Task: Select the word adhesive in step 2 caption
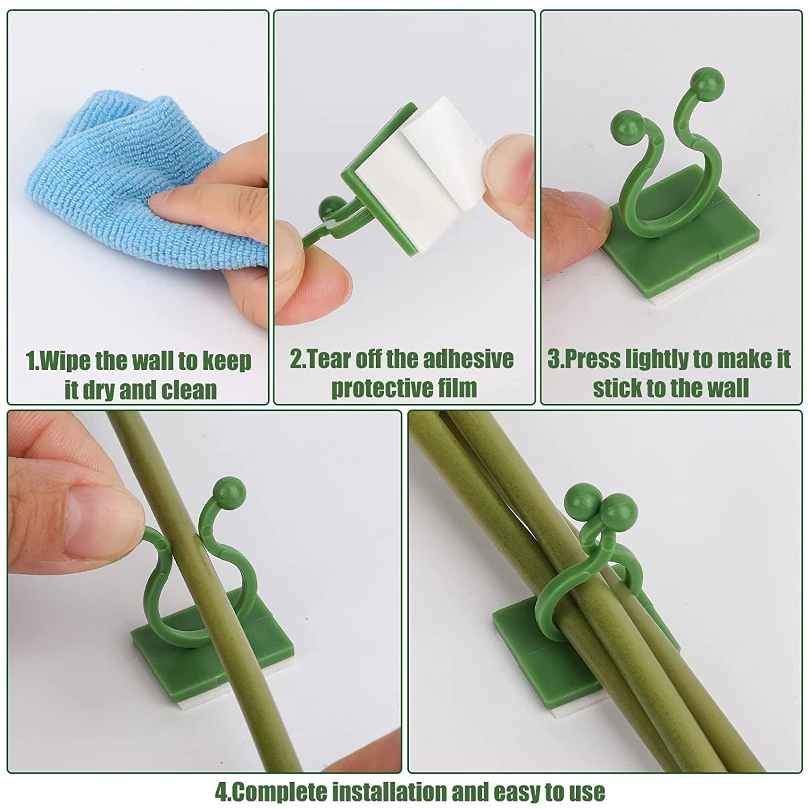coord(467,359)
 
